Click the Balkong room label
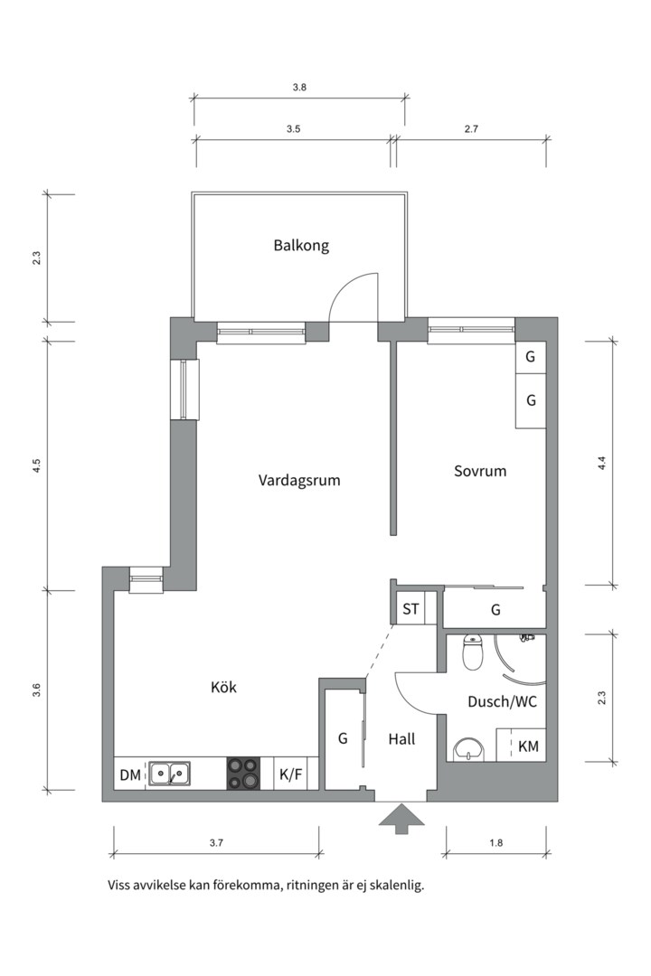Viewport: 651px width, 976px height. (x=301, y=245)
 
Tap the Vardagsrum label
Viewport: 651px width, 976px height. (x=299, y=481)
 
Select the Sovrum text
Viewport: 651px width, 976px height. (x=479, y=471)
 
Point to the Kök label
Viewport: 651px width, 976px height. (x=223, y=688)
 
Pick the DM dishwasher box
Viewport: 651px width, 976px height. (x=129, y=774)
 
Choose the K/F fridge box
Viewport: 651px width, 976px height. (x=290, y=774)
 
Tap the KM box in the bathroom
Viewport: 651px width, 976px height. (x=528, y=746)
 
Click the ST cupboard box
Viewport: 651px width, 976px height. (x=410, y=609)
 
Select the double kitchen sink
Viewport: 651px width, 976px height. (x=169, y=774)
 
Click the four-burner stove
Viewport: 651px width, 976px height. (x=242, y=774)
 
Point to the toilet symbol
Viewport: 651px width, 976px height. (x=471, y=652)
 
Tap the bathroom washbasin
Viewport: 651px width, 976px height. (x=467, y=748)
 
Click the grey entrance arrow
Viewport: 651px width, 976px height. (x=401, y=820)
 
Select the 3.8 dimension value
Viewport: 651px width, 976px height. (x=299, y=89)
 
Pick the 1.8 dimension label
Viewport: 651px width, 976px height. (x=495, y=843)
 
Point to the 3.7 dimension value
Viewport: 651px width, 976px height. (x=215, y=843)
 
